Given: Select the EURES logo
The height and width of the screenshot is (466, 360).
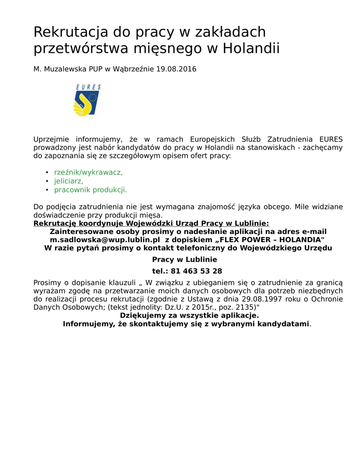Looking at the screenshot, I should (x=87, y=100).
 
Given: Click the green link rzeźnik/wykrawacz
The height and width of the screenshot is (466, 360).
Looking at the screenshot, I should (x=88, y=172).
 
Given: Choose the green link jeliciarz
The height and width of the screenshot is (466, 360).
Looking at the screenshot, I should (x=69, y=181).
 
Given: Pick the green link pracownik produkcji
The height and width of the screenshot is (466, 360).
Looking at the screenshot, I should (x=91, y=190).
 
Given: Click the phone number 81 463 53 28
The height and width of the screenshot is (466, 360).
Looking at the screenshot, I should (x=197, y=271).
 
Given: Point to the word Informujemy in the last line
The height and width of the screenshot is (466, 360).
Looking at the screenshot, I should (x=87, y=324).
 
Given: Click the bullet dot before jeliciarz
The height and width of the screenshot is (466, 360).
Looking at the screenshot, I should (x=47, y=181).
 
